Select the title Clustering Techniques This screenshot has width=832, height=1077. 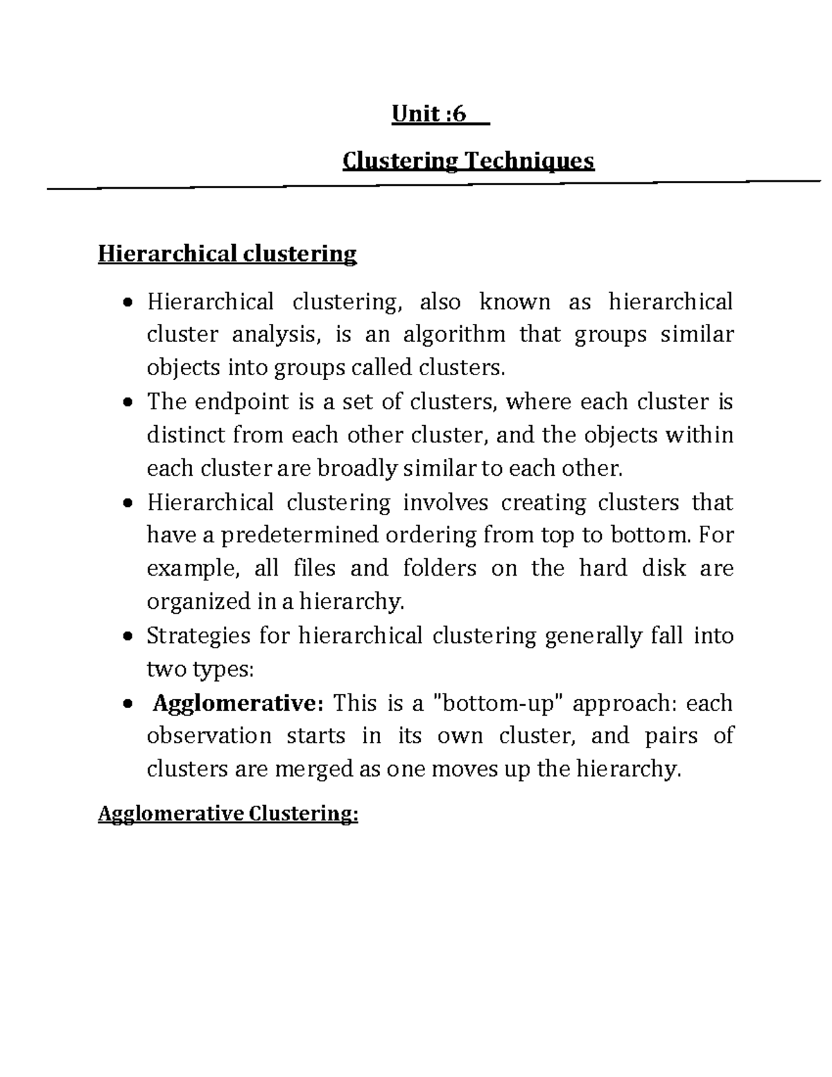469,162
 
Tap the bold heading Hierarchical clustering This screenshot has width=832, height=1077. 227,254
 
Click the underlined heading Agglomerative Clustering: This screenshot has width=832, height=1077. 228,813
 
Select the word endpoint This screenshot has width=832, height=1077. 237,402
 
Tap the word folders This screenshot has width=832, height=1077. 440,569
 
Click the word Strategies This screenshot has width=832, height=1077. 198,636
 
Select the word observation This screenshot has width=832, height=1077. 209,736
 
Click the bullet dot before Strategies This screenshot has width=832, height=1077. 126,637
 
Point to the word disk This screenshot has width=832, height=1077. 661,569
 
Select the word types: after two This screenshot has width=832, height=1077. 223,669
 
